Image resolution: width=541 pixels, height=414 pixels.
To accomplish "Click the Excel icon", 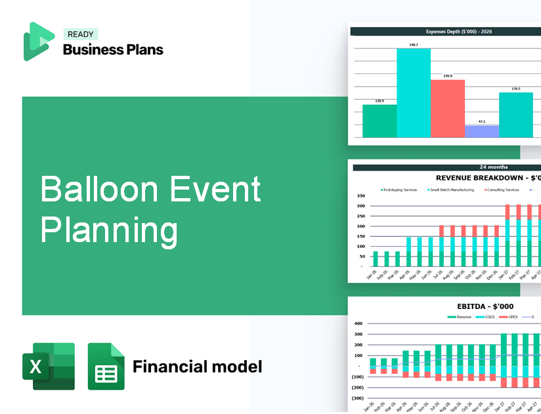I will [x=49, y=366].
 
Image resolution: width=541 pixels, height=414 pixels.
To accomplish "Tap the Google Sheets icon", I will [x=106, y=366].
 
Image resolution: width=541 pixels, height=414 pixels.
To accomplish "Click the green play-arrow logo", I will [x=38, y=41].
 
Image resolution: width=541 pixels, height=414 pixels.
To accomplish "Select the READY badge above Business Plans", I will [x=80, y=35].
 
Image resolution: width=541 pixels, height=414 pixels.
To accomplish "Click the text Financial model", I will [x=197, y=366].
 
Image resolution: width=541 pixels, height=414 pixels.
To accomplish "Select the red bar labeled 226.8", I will [x=447, y=108].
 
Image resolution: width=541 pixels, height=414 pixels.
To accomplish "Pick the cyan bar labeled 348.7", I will [x=414, y=93].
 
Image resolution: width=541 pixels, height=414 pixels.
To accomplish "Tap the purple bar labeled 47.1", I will [x=481, y=131].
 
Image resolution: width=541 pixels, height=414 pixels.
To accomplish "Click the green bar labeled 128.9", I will [x=379, y=121].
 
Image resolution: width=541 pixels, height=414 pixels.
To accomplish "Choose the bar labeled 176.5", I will [x=515, y=115].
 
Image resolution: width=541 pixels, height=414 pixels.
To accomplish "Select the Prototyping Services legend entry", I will [x=399, y=190].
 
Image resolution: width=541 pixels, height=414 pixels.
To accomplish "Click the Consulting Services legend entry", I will [x=502, y=190].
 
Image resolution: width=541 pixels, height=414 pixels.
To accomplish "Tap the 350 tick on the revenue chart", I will [x=360, y=196].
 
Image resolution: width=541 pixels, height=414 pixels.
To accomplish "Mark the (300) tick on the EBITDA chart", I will [x=358, y=398].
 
